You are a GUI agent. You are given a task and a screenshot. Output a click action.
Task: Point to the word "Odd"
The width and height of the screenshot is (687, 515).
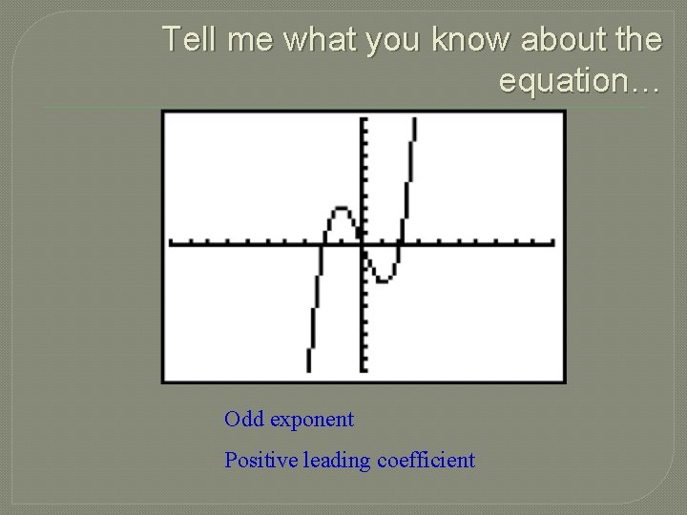pyautogui.click(x=244, y=420)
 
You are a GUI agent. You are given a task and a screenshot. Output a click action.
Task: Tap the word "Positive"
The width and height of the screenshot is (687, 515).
pyautogui.click(x=260, y=461)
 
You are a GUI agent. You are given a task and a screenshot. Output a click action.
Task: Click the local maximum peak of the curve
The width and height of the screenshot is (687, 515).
pyautogui.click(x=339, y=207)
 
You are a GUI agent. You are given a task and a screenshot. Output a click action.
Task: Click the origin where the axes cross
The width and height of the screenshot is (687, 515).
pyautogui.click(x=364, y=243)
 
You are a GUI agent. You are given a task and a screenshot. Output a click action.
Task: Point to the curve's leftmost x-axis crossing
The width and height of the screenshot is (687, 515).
pyautogui.click(x=322, y=243)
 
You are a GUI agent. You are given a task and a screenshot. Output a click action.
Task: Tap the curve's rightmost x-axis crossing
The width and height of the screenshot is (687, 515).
pyautogui.click(x=400, y=243)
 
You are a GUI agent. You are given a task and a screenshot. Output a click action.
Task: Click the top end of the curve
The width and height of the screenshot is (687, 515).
pyautogui.click(x=414, y=120)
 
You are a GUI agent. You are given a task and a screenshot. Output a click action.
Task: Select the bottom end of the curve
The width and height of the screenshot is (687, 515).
pyautogui.click(x=309, y=369)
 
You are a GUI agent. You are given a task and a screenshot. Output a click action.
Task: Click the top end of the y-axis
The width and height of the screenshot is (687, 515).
pyautogui.click(x=364, y=119)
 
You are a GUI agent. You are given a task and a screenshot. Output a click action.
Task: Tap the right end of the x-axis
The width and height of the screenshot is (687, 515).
pyautogui.click(x=552, y=243)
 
